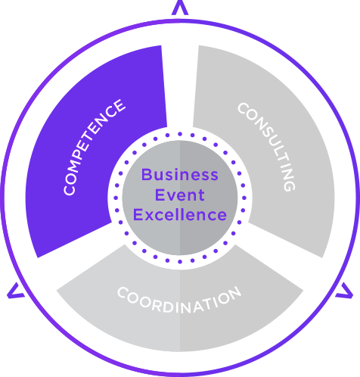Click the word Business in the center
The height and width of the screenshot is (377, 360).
180,174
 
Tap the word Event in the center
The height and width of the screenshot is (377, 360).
179,195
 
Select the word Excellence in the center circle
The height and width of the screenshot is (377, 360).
180,215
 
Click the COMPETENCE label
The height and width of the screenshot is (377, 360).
94,147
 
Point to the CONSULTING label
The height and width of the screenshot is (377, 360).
266,147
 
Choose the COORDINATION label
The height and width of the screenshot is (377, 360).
179,301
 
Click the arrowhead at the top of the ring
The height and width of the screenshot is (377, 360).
180,8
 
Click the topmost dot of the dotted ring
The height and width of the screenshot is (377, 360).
180,134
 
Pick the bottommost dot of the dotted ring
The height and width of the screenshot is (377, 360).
180,262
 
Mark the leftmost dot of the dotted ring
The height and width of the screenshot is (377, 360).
116,198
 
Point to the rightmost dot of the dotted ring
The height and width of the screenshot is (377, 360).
244,198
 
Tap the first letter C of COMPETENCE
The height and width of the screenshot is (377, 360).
70,190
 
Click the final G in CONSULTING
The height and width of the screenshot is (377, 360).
289,186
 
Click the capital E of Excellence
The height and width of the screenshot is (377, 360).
138,215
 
